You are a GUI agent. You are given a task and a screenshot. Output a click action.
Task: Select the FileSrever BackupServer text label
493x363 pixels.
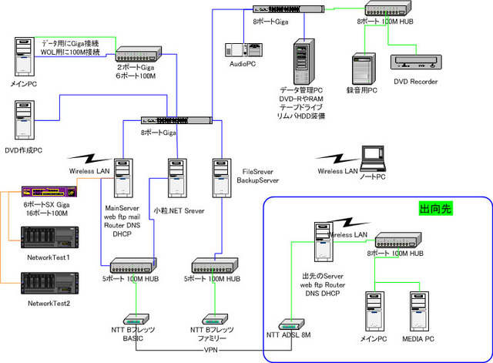259,175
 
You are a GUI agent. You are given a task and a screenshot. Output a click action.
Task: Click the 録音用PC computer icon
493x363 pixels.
362,69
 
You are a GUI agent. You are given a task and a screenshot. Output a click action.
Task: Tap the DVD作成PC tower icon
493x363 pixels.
23,119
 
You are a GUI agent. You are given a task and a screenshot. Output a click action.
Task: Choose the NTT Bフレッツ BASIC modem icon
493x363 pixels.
136,318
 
